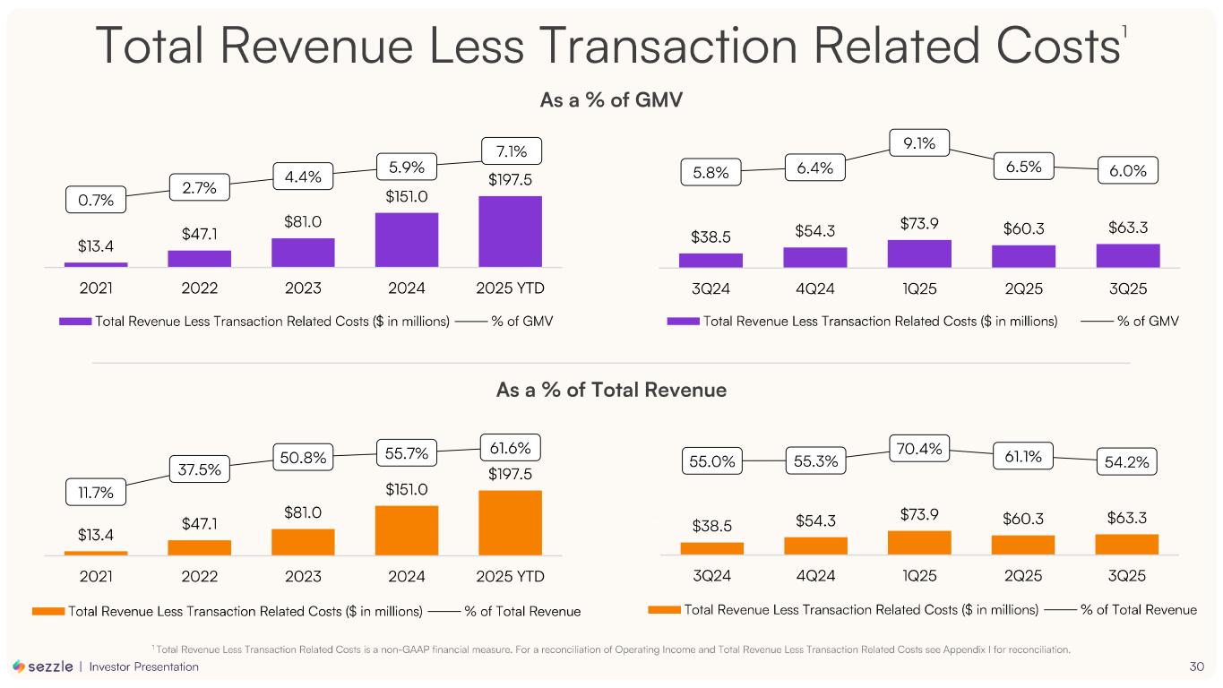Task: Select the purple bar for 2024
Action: (x=407, y=239)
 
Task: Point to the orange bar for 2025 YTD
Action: (x=510, y=522)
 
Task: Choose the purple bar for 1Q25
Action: (x=919, y=254)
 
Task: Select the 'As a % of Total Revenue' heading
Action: (x=611, y=391)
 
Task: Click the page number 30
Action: (x=1196, y=666)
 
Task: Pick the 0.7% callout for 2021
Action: (x=96, y=200)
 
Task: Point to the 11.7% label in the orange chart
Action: (x=96, y=492)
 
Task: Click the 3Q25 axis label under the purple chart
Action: (x=1127, y=289)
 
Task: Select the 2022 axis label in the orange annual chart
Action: (x=199, y=575)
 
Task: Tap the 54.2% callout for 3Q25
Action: (x=1127, y=462)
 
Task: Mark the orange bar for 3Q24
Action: (x=711, y=547)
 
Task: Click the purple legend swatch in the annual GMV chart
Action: (x=75, y=322)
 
